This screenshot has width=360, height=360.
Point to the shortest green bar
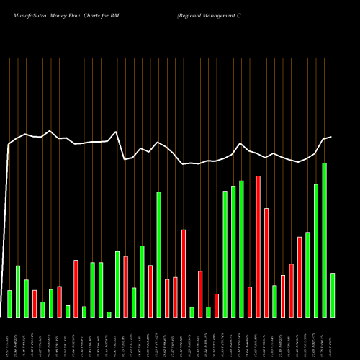pos(109,314)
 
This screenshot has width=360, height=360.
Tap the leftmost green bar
pos(9,303)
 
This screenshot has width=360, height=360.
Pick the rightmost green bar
pos(333,294)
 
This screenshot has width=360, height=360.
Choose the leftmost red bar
pos(35,303)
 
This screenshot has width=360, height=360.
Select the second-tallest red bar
pos(266,262)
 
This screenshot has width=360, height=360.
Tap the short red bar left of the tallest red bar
pos(250,302)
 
